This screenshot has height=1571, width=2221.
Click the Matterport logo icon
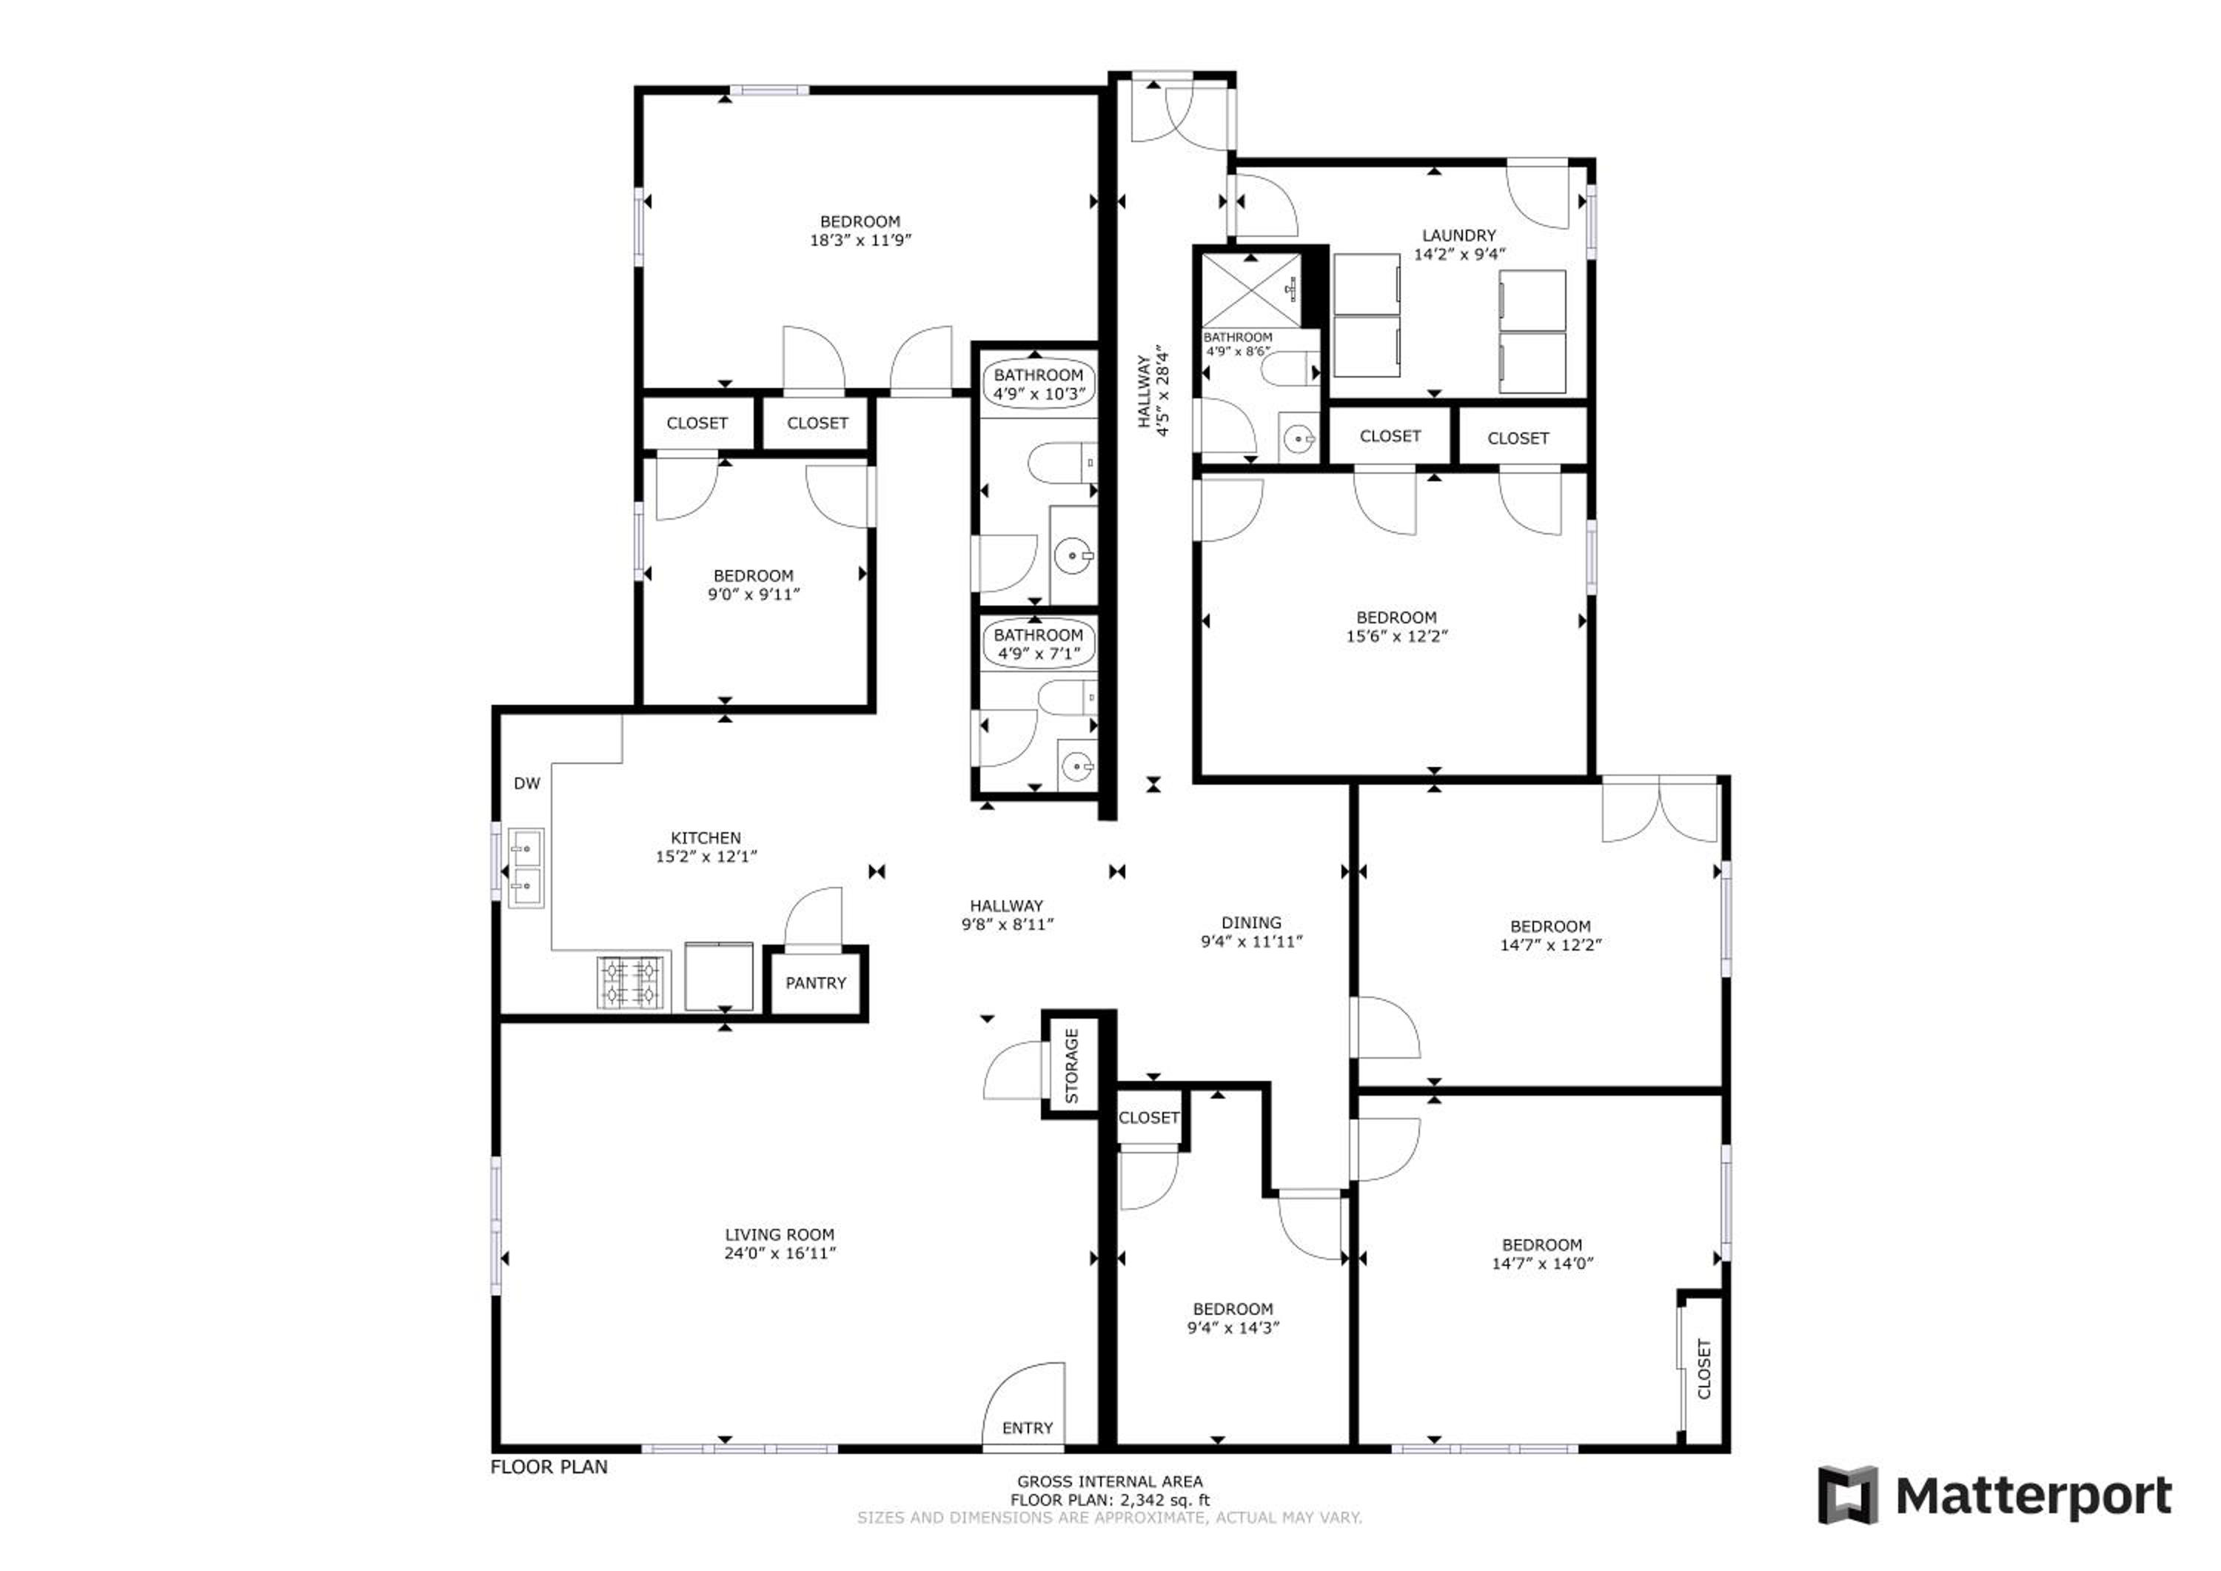1849,1495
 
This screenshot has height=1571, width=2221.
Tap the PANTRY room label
815,983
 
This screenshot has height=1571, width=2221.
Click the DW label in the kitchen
527,783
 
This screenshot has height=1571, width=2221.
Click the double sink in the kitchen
526,868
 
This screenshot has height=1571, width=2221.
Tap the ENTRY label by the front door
1028,1428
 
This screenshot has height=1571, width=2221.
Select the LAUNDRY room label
1458,235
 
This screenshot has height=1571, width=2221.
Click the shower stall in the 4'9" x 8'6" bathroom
1252,290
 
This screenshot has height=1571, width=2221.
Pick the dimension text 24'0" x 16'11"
780,1253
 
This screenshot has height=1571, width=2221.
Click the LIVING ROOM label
780,1234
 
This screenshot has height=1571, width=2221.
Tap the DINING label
1252,923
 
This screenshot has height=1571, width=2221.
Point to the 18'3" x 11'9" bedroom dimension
860,240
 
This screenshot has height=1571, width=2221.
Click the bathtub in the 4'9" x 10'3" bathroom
1039,385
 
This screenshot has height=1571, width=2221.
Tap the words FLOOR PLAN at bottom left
549,1467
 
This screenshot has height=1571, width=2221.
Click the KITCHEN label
706,838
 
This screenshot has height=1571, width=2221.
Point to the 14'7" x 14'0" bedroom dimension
1543,1262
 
